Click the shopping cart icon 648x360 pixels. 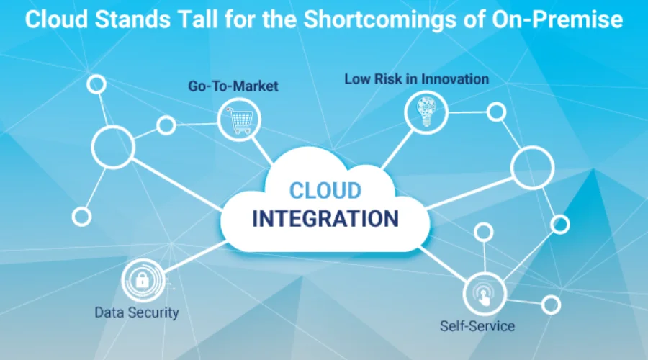(239, 120)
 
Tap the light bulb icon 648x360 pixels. (426, 112)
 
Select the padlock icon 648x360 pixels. (142, 280)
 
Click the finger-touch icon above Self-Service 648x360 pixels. (484, 294)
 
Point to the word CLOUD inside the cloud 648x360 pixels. (325, 191)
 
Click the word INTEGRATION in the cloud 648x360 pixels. (325, 219)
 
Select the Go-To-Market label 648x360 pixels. (233, 86)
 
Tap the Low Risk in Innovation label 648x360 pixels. (417, 79)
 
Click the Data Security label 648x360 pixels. (137, 312)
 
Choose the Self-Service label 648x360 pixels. (477, 326)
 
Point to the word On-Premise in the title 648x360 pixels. (557, 19)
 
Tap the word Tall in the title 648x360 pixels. (197, 19)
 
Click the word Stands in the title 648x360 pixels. (132, 19)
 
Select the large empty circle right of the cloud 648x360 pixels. (511, 168)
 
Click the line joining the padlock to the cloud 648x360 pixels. (194, 256)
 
